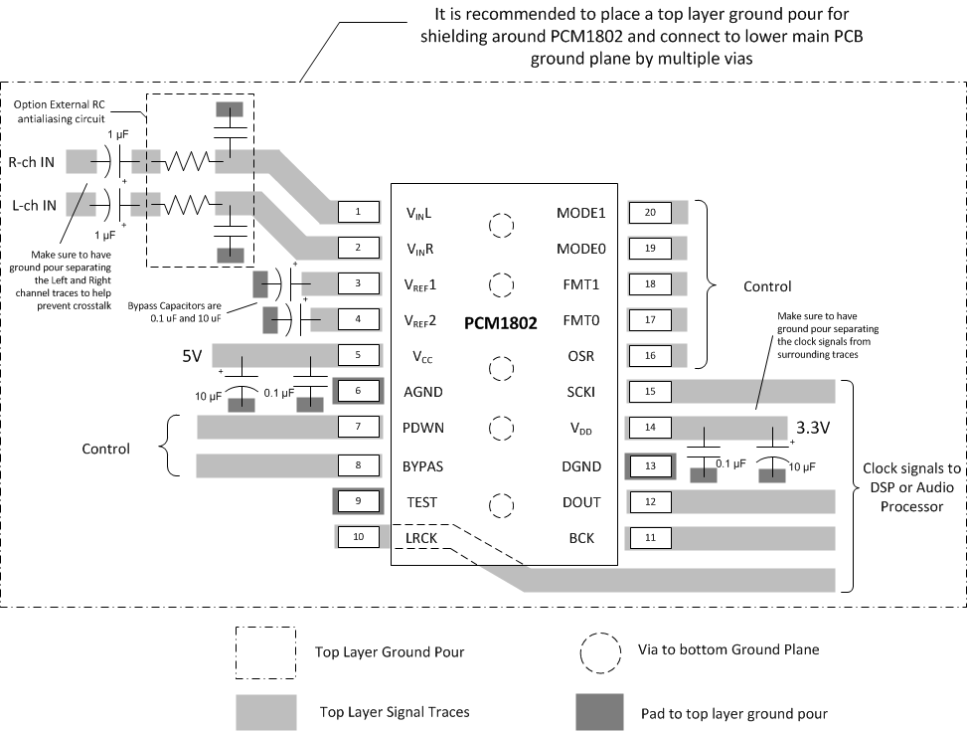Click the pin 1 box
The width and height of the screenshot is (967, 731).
[358, 211]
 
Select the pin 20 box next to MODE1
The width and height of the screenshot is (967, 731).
[650, 212]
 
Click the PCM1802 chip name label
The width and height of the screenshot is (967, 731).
[500, 323]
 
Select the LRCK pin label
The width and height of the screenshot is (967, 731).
[421, 538]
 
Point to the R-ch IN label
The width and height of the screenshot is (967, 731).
[32, 161]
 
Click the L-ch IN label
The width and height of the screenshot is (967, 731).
[32, 203]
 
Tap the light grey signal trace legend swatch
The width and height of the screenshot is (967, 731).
[265, 711]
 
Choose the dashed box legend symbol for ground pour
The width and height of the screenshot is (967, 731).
[265, 652]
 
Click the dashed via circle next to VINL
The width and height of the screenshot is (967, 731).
[502, 225]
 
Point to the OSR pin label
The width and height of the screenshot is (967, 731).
[579, 356]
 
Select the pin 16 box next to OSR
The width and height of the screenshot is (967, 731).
[650, 356]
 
